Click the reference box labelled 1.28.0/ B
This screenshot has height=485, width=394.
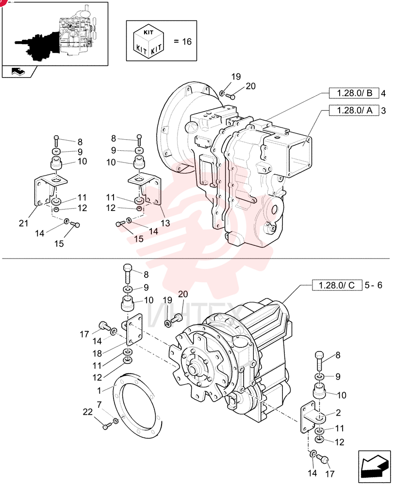tap(354, 93)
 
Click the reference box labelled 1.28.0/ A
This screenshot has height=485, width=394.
tap(354, 111)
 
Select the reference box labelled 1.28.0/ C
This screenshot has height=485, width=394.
tap(337, 285)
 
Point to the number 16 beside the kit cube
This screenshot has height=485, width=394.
tap(187, 41)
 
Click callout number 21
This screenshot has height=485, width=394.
tap(23, 223)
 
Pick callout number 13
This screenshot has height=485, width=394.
tap(165, 223)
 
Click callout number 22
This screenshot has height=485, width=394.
tap(88, 412)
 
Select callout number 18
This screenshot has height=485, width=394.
tap(97, 354)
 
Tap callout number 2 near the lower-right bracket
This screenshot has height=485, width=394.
tap(338, 413)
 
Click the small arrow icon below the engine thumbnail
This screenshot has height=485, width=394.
tap(18, 72)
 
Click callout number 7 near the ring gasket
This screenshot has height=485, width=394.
tap(99, 404)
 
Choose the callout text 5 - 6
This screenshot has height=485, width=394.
tap(374, 285)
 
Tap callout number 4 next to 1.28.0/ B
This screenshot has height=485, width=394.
tap(383, 93)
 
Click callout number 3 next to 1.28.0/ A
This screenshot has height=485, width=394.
tap(383, 111)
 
